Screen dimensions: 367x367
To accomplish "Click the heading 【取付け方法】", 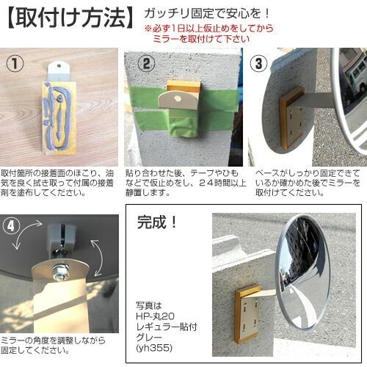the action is pyautogui.click(x=69, y=18).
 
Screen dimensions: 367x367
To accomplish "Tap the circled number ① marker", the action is pyautogui.click(x=15, y=64).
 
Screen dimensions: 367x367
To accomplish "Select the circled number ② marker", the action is pyautogui.click(x=146, y=63).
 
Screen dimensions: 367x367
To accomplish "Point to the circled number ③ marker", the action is pyautogui.click(x=258, y=63).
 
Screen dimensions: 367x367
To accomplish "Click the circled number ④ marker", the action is pyautogui.click(x=11, y=226).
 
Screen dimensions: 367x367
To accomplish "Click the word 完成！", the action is pyautogui.click(x=156, y=222).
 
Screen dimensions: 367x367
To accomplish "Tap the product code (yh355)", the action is pyautogui.click(x=154, y=347).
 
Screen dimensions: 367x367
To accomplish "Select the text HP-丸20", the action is pyautogui.click(x=155, y=316).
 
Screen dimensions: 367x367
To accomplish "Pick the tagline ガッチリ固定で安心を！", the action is pyautogui.click(x=207, y=13).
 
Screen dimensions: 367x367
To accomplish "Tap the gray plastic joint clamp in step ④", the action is pyautogui.click(x=61, y=236).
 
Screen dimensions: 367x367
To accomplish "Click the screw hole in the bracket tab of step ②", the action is pyautogui.click(x=177, y=98).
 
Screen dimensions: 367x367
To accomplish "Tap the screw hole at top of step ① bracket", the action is pyautogui.click(x=59, y=65).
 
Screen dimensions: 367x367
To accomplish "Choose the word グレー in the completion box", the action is pyautogui.click(x=149, y=337).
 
